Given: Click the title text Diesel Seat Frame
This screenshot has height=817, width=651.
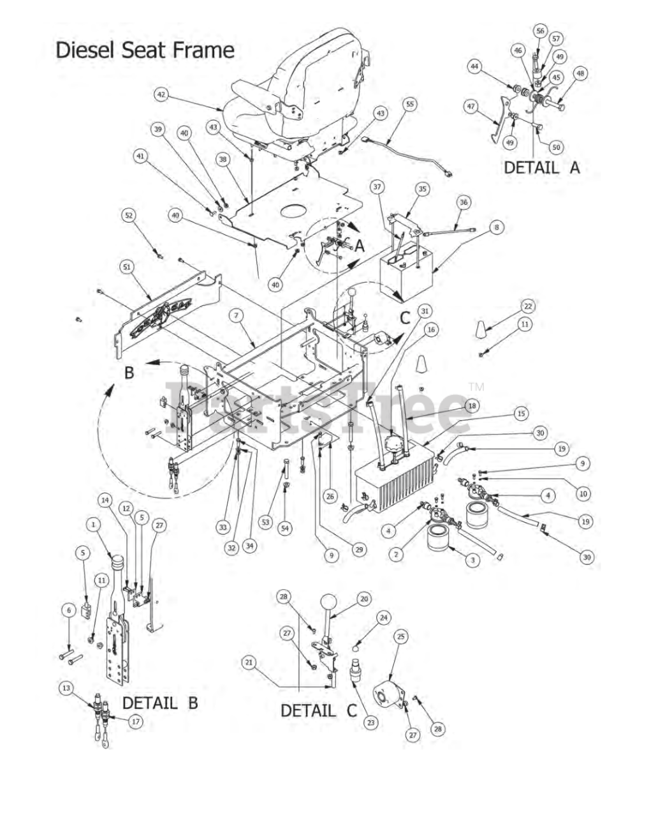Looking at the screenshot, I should coord(145,50).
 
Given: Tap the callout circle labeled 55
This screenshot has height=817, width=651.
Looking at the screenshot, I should coord(409,104).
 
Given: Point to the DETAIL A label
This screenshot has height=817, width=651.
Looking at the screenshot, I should coord(541,167).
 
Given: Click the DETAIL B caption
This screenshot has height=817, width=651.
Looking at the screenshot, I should coord(160,703).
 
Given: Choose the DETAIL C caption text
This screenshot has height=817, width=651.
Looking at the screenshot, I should coord(319,710).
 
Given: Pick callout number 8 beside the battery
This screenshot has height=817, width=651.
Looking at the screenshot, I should coord(497,227).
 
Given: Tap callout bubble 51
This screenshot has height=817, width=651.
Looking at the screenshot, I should coord(128,267).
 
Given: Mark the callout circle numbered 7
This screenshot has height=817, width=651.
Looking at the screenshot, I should coord(236,315).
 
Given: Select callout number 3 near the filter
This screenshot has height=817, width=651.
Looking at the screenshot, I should coord(472,560).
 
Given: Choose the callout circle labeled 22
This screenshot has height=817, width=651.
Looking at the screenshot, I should coord(527,306).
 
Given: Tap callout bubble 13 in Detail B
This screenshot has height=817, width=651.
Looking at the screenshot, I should coord(66,688).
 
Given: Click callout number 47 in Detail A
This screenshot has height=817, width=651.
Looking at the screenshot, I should coord(471,107).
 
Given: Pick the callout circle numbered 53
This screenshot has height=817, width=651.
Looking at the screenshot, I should coord(265,522).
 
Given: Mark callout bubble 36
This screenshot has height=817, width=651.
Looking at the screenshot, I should coord(464,202).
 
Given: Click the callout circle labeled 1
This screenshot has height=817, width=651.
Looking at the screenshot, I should coord(93,524).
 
